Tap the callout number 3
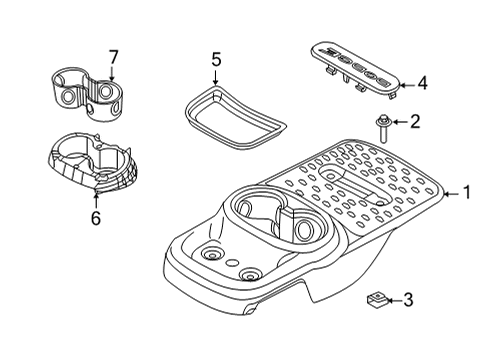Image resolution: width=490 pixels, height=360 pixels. click(407, 299)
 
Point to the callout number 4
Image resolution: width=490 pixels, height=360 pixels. click(422, 84)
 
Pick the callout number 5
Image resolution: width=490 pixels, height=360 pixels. click(214, 62)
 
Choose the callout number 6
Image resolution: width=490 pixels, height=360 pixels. click(96, 217)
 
